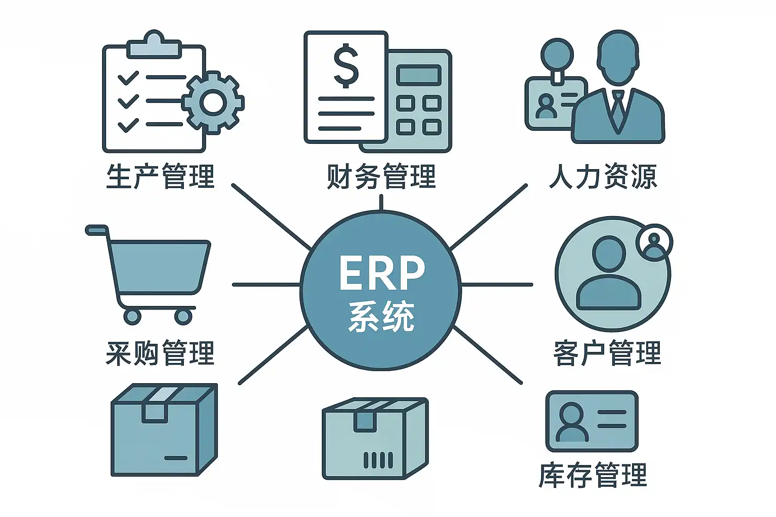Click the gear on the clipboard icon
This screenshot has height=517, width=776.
[x=213, y=102]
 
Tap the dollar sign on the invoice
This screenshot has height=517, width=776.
[x=346, y=66]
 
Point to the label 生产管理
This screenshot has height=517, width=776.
[x=160, y=176]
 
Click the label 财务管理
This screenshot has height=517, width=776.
[x=381, y=176]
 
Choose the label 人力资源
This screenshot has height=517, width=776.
[x=603, y=176]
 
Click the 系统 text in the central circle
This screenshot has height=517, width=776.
[x=381, y=317]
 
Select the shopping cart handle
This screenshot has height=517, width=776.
[x=97, y=230]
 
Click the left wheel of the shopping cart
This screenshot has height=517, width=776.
[x=132, y=316]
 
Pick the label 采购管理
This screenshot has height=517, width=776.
[x=160, y=353]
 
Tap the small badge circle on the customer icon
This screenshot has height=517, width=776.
[x=654, y=242]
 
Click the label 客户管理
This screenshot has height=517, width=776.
[x=607, y=353]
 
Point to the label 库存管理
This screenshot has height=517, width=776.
[x=593, y=475]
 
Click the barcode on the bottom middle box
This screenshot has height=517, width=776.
[x=378, y=460]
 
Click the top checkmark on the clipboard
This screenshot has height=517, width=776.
[x=128, y=78]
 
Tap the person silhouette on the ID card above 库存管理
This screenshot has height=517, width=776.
[x=572, y=422]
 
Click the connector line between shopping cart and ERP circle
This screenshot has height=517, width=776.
[x=266, y=285]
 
